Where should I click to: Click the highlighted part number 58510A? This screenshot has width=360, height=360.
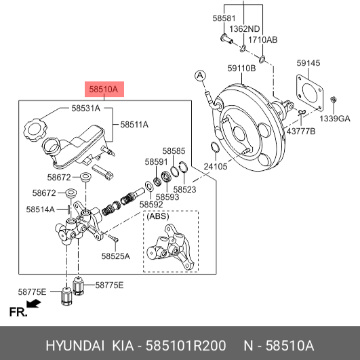tap(104, 89)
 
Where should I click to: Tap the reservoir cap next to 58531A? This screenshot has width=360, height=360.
tap(35, 129)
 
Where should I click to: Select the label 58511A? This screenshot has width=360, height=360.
tap(134, 125)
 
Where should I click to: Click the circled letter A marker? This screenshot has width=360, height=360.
tap(200, 75)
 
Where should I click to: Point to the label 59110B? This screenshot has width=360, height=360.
tap(241, 68)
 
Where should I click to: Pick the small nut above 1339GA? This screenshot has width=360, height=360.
tap(334, 100)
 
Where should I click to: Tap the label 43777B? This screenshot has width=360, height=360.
tap(301, 132)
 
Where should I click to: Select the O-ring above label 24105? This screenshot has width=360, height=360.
tap(215, 147)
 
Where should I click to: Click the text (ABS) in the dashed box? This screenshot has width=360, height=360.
tap(158, 216)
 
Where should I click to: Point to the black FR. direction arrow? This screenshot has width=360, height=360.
tap(33, 303)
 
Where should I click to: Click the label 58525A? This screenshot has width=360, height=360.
tap(115, 256)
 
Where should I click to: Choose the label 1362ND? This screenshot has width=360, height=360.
tap(245, 29)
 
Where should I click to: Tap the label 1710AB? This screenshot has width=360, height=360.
tap(262, 40)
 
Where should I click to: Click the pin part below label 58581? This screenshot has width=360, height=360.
tap(226, 39)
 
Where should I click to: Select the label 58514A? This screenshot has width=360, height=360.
tap(41, 209)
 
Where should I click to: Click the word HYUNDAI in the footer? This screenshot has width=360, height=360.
tap(75, 346)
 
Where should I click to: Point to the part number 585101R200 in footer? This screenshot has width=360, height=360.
tap(186, 346)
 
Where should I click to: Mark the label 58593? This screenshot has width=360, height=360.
tap(167, 197)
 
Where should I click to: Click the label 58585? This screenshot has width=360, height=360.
tap(174, 151)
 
